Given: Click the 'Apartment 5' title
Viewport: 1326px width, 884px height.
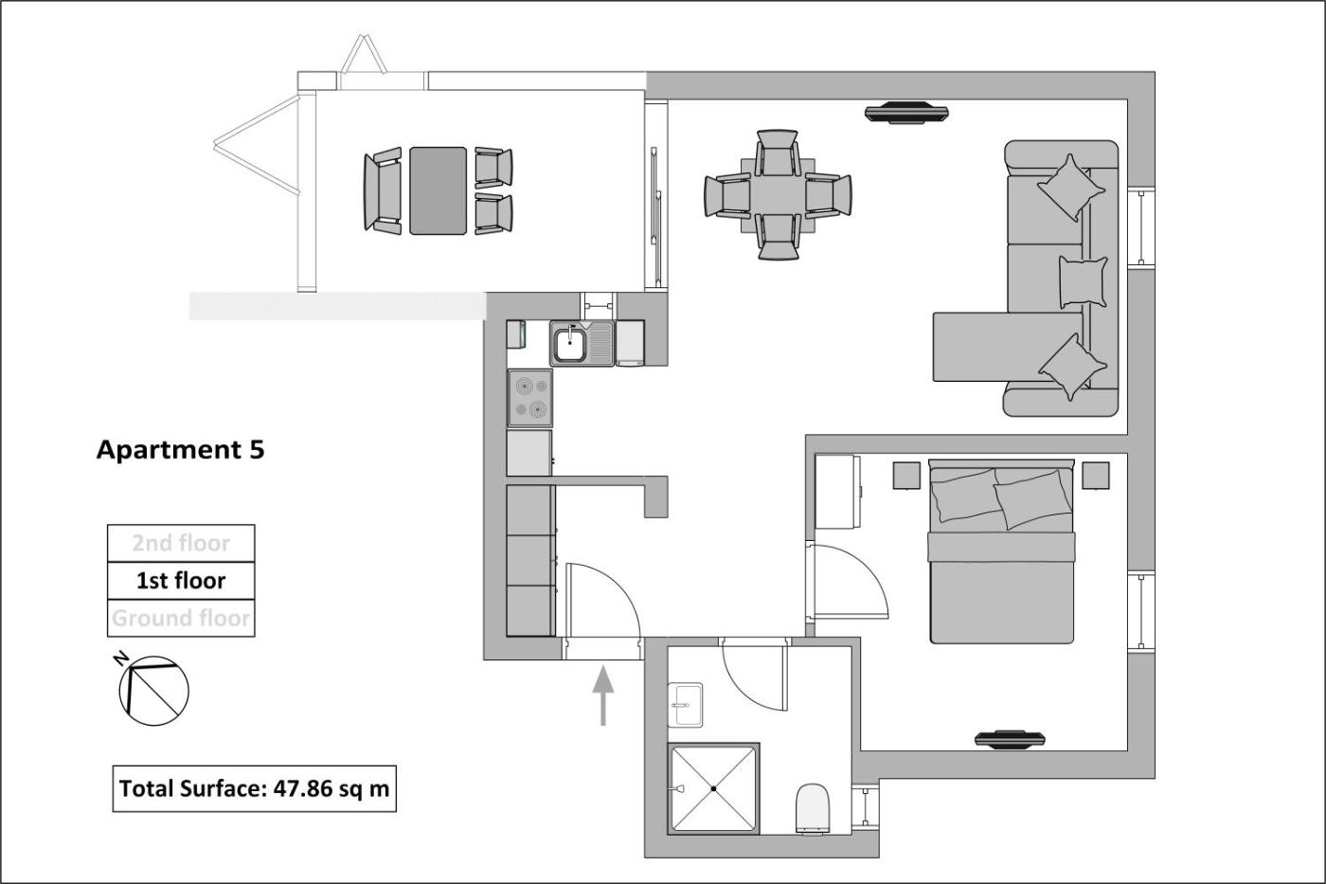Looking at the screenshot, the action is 180,450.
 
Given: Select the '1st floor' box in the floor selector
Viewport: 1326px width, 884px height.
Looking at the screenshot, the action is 181,581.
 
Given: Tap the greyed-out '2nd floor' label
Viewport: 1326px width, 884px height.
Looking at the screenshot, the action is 181,543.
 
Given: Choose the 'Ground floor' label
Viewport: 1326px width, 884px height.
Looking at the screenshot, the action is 181,618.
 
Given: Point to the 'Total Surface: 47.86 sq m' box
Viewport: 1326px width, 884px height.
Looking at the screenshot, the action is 255,788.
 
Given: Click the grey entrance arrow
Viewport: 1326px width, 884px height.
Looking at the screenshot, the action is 603,695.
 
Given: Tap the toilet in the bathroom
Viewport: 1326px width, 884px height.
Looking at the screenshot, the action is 813,809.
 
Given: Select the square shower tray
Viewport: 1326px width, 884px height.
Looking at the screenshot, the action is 714,788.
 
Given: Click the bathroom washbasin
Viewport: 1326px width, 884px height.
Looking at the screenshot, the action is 686,705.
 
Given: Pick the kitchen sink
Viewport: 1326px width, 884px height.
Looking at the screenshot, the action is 582,343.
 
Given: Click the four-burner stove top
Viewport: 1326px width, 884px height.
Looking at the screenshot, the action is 530,398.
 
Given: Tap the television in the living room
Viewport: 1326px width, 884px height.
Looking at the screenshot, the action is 906,113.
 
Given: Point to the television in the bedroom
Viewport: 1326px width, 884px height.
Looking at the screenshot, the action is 1010,740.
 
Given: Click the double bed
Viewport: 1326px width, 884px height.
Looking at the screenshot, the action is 1002,551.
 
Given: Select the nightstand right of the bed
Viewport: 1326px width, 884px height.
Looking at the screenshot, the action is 1096,476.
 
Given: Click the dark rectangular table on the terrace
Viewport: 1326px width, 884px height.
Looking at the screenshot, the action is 438,190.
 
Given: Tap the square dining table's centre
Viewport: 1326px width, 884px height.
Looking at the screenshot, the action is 778,195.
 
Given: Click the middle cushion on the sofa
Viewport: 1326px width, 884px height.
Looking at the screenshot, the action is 1083,281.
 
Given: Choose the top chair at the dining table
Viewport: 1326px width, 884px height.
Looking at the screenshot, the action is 778,153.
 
